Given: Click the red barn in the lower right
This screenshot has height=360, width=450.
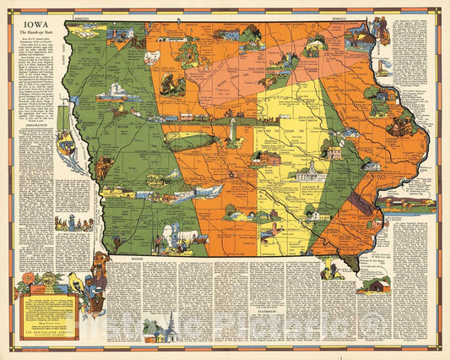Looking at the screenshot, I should [373, 285].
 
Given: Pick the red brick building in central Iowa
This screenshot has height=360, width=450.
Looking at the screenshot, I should [268, 157].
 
